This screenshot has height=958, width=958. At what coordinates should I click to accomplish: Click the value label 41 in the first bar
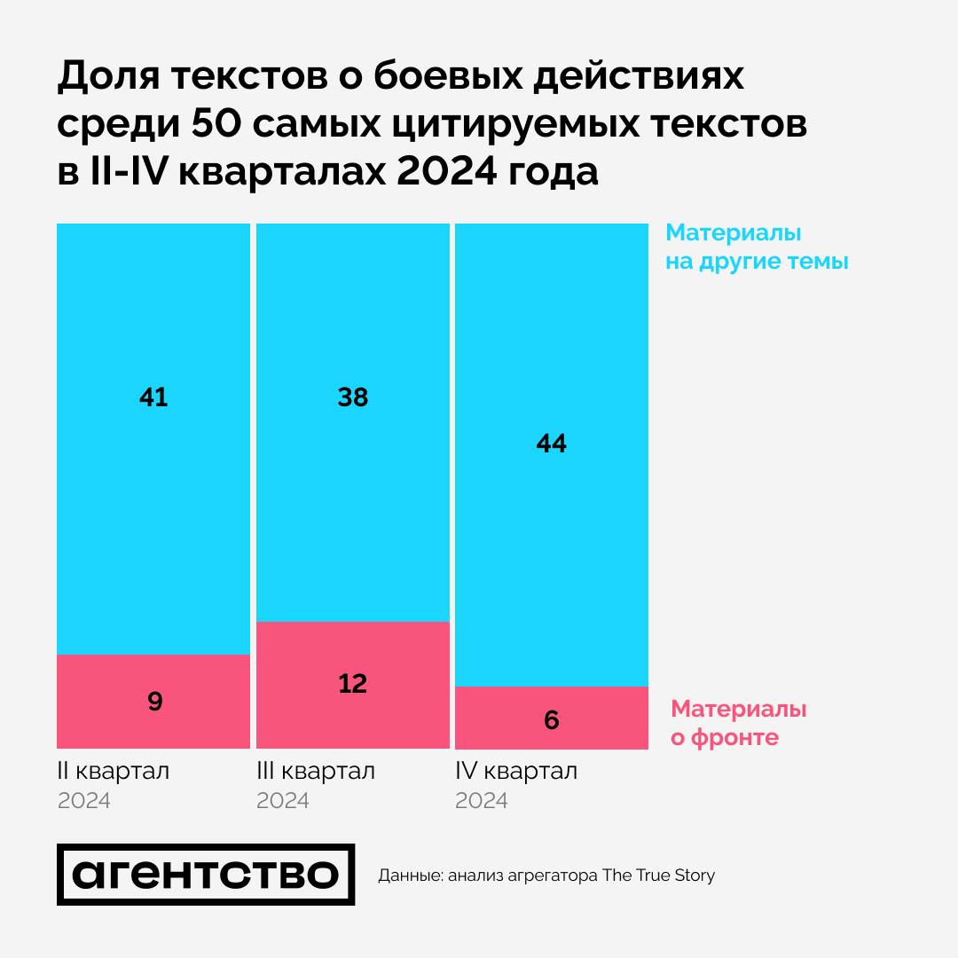(x=153, y=397)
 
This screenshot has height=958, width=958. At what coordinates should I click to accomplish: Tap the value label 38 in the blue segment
(x=353, y=397)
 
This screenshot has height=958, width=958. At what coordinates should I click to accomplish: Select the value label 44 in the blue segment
(x=552, y=444)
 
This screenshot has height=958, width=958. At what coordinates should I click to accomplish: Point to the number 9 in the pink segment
(x=155, y=702)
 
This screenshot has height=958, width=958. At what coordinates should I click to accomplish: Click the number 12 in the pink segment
(x=353, y=684)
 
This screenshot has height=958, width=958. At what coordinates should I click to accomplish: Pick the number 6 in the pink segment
(x=552, y=719)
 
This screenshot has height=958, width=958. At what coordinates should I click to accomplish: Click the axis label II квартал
(x=114, y=771)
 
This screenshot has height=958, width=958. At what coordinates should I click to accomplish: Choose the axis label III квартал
(x=316, y=771)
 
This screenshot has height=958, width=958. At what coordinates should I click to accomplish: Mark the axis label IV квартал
(x=516, y=771)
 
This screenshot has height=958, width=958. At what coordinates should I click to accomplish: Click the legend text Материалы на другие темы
(x=757, y=247)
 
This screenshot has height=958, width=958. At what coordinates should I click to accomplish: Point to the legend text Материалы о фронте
(x=738, y=723)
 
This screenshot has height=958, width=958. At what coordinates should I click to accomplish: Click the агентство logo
(x=206, y=875)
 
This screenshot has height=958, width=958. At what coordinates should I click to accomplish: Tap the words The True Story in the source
(x=658, y=876)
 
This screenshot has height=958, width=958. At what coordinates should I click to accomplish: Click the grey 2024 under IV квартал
(x=482, y=801)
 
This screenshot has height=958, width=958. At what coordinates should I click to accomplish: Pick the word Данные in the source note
(x=411, y=876)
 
